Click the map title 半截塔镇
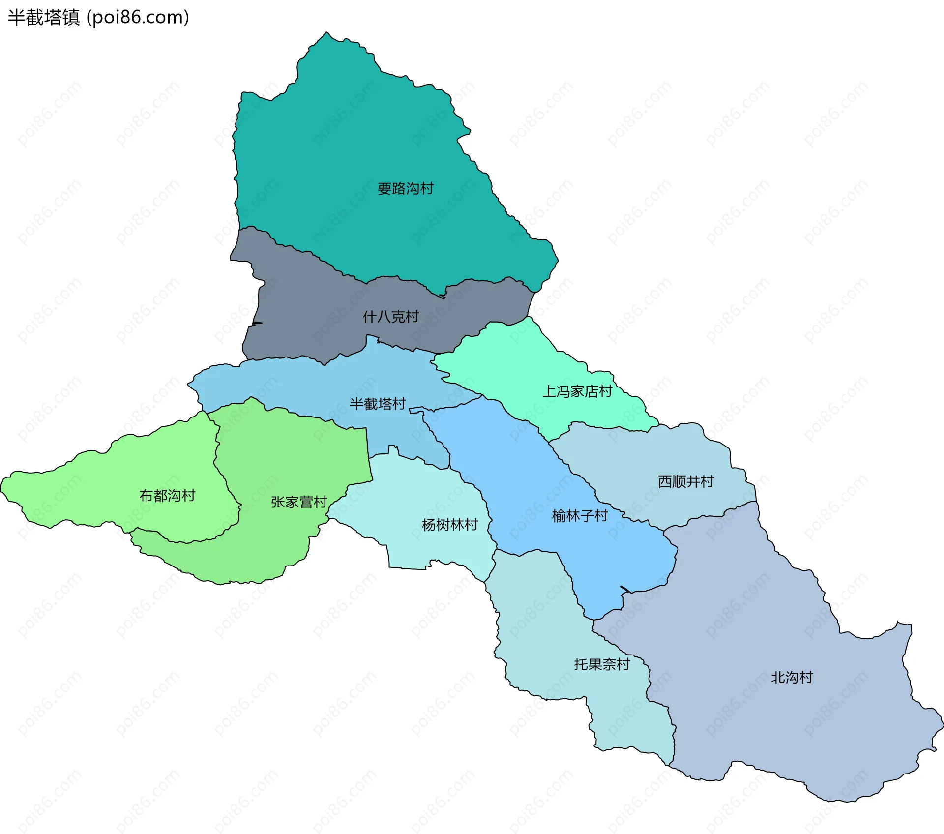click(43, 18)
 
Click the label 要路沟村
click(405, 189)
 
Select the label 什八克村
click(391, 317)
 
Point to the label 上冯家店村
click(577, 391)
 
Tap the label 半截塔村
click(378, 404)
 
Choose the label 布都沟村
click(167, 496)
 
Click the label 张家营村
click(299, 502)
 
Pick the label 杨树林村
click(450, 525)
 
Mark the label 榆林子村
click(580, 516)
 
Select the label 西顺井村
click(686, 481)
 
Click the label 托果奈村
click(602, 664)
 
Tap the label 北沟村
click(792, 677)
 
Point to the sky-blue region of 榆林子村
click(516, 467)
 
